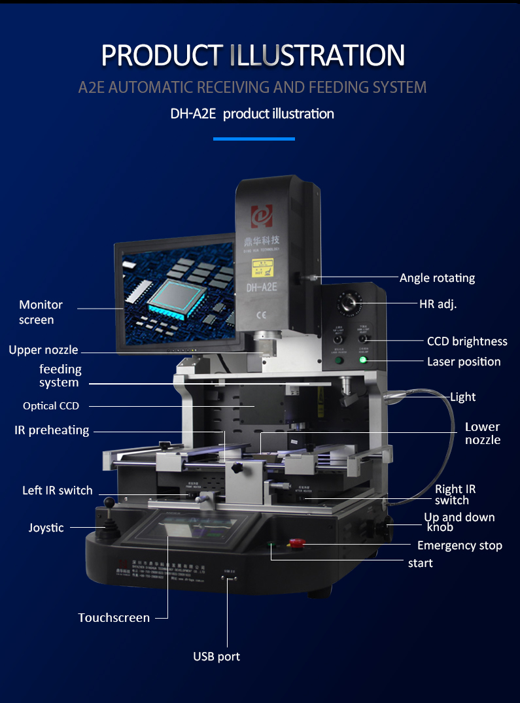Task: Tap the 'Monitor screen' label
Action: [x=41, y=312]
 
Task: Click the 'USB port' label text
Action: [x=217, y=656]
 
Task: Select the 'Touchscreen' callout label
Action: [x=114, y=617]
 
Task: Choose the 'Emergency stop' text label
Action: [x=460, y=545]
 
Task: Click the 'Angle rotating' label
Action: [x=437, y=278]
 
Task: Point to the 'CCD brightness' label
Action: [x=467, y=341]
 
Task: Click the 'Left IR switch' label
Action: [x=58, y=490]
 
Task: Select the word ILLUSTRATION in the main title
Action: [x=317, y=55]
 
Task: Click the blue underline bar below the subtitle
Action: [x=254, y=139]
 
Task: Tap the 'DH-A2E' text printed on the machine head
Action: [x=263, y=286]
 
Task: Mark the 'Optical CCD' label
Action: [x=51, y=406]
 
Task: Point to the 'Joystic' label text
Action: [x=46, y=527]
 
